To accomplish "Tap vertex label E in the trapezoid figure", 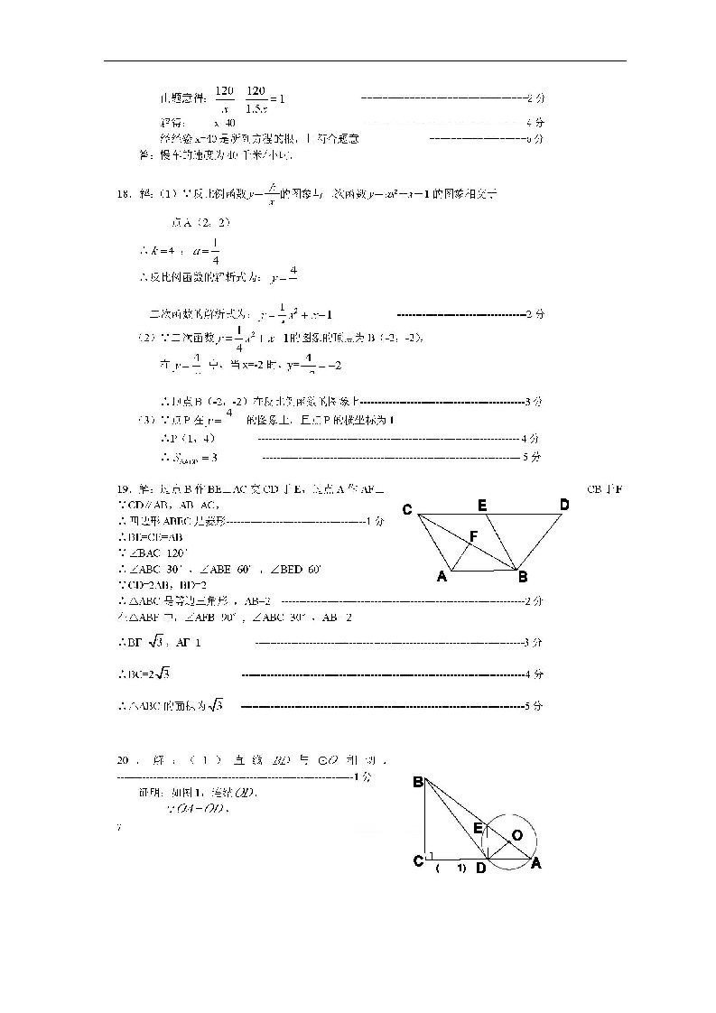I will (483, 506).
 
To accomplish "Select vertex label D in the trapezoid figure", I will (564, 505).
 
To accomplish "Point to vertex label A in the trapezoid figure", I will (442, 577).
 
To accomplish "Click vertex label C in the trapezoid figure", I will (407, 511).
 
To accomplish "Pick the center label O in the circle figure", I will (517, 836).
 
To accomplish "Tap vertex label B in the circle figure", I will (418, 782).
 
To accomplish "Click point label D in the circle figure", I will (481, 869).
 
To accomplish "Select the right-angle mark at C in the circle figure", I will (431, 855).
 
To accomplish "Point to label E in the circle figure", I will (478, 827).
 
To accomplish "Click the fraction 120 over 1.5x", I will (256, 98).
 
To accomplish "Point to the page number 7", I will (118, 826).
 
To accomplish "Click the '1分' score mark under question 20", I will (362, 776).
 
